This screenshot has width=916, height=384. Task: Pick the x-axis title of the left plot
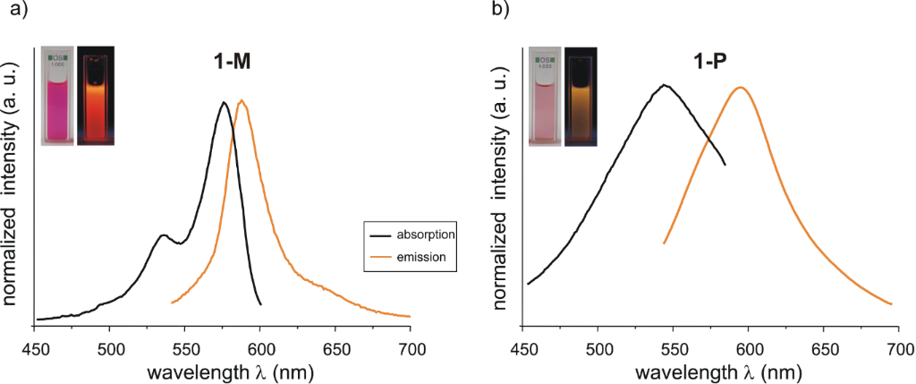point(223,371)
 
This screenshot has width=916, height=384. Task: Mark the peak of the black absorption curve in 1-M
point(225,102)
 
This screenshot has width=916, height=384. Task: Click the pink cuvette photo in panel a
point(58,96)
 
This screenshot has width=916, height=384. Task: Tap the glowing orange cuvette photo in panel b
point(581,96)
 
